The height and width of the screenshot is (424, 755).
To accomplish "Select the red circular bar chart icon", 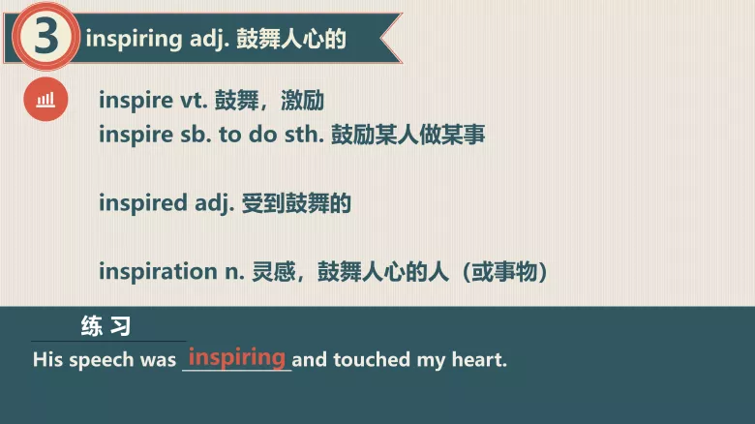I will (45, 99).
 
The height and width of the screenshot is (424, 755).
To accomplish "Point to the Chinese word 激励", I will (301, 100).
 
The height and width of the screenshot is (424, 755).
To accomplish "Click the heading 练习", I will (106, 326).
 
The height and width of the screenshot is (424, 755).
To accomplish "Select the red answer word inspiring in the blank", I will (237, 356).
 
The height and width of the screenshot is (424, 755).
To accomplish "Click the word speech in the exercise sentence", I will (102, 360).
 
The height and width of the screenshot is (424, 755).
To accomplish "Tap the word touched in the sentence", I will (373, 360).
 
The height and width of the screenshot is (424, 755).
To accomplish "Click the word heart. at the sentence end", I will (478, 360).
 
